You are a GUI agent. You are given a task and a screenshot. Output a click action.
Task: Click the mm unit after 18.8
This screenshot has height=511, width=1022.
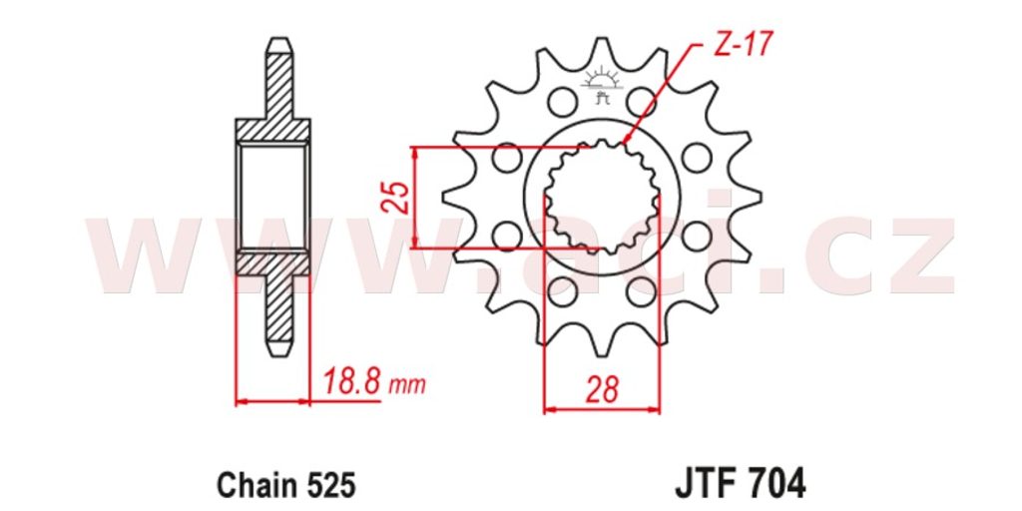406,385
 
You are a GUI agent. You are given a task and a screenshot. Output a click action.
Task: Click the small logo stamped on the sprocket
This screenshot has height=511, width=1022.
602,87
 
